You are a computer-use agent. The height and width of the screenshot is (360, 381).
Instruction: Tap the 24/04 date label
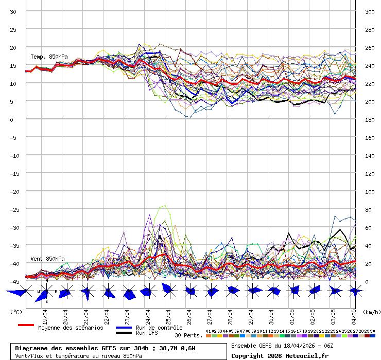148,314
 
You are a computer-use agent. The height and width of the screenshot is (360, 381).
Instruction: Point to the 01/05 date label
292,314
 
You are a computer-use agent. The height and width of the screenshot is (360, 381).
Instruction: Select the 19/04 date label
45,314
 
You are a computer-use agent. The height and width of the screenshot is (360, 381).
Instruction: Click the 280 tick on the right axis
370,30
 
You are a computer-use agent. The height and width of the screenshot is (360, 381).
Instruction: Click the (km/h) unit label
371,312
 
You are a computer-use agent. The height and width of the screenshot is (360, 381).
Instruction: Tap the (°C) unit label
16,312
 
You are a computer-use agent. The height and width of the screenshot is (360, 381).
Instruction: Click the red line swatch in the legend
26,325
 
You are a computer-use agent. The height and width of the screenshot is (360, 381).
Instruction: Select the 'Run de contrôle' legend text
159,328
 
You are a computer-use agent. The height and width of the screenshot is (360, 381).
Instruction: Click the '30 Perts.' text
188,335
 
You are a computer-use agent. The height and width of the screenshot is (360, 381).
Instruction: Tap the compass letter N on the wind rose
47,281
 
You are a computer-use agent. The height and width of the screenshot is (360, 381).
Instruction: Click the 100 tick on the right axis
370,191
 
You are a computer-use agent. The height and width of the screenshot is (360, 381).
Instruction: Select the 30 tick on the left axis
13,12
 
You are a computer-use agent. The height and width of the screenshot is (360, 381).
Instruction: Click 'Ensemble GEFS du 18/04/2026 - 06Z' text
282,345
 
